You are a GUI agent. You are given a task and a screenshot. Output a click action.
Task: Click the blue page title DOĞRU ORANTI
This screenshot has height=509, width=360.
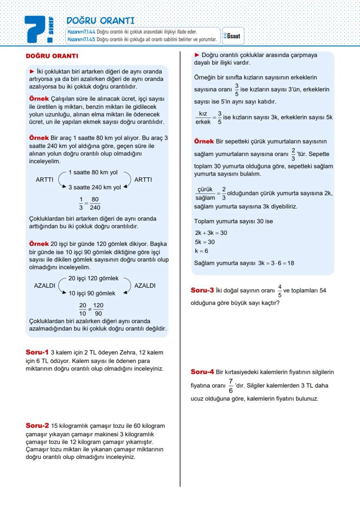[100, 21]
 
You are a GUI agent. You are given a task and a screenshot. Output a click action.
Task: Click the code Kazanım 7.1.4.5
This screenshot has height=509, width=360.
[81, 40]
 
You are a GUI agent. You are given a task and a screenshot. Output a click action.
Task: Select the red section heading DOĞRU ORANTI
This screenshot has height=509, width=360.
[52, 56]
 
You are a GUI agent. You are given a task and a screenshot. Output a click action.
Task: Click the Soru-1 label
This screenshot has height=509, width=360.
[37, 352]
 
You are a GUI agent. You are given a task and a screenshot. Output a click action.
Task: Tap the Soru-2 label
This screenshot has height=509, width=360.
[37, 426]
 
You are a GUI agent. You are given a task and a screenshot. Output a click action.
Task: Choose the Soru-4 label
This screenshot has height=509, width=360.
[202, 372]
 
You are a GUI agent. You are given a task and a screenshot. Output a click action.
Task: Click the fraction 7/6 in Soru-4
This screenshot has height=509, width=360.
[230, 386]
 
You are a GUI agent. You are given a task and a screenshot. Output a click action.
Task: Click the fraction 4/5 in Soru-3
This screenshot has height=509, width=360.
[280, 291]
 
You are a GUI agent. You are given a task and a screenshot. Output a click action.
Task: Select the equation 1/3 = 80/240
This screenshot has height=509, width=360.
[90, 203]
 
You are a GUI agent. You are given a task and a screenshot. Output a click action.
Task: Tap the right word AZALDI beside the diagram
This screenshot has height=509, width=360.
[145, 286]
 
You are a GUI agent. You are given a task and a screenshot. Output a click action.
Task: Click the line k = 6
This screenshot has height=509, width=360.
[201, 251]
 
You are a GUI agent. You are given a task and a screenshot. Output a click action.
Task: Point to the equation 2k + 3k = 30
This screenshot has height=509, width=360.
[211, 233]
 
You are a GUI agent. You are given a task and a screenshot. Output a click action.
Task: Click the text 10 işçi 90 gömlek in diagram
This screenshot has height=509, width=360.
[92, 293]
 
